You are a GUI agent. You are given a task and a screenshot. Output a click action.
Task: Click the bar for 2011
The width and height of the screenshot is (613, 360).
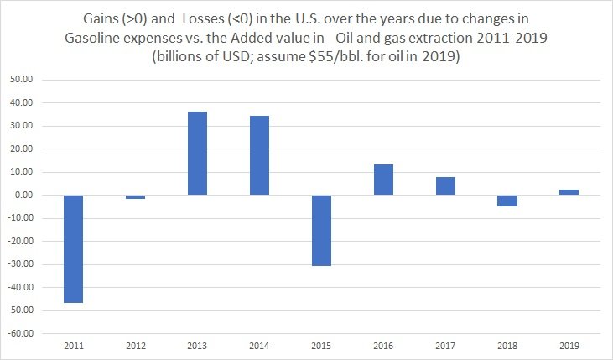(73, 248)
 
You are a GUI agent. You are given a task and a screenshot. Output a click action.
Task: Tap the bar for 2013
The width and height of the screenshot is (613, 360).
(197, 154)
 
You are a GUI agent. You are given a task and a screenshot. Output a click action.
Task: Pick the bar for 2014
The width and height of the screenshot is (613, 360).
(259, 155)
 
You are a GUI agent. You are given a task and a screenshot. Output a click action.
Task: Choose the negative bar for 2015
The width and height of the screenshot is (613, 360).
(321, 231)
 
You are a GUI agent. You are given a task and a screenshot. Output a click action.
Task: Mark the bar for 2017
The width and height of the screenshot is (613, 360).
(445, 186)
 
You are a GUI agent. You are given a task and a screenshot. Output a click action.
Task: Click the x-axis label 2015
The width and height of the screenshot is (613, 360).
(321, 344)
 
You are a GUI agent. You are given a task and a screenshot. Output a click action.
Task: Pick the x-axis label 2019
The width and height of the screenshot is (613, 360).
(569, 344)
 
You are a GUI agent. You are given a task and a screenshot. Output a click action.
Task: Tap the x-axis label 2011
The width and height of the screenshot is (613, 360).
(73, 344)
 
